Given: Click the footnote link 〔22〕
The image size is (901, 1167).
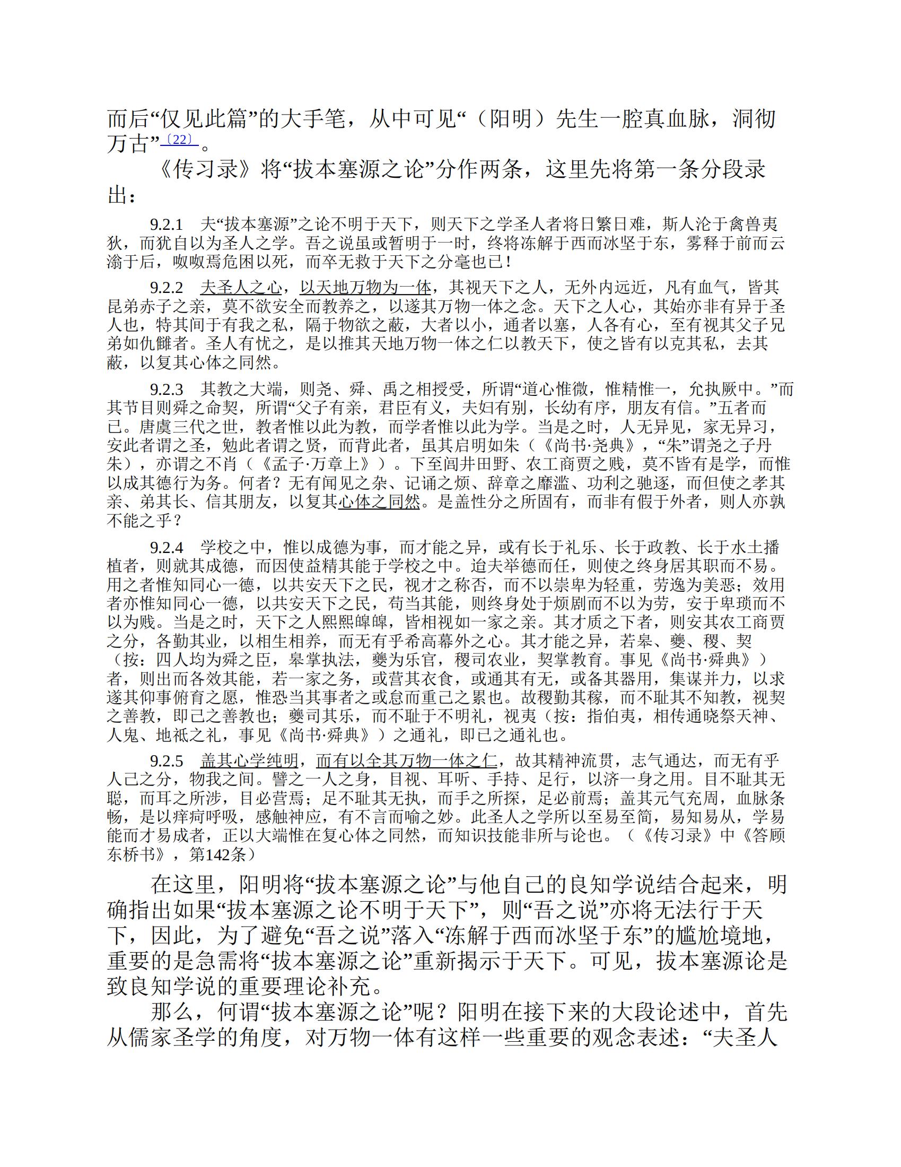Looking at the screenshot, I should point(179,140).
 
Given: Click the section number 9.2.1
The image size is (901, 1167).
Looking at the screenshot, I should point(166,224).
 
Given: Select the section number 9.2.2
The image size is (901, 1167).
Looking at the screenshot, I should point(166,288).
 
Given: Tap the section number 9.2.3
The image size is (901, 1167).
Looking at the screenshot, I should point(166,389).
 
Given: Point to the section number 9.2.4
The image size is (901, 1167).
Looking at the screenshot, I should point(166,547).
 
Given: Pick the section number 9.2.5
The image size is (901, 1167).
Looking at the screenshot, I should point(166,760).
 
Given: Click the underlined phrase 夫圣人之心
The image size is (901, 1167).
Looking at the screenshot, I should point(241,288).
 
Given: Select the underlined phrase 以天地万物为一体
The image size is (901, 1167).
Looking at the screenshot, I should point(365,288).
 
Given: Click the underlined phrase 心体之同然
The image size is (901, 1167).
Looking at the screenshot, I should point(379,502).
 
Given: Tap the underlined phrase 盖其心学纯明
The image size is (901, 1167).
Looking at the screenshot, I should point(249,760).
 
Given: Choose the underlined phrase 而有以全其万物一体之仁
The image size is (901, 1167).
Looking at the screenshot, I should point(406,760).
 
